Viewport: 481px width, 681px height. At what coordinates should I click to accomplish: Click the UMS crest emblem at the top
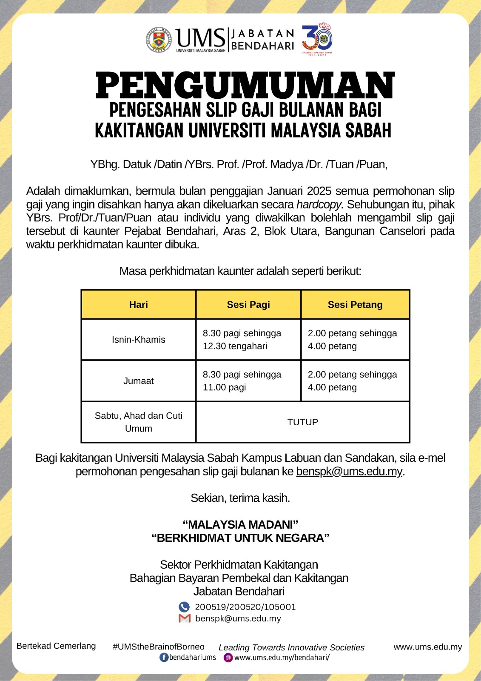click(x=159, y=40)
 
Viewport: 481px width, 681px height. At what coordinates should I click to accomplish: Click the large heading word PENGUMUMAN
click(x=245, y=86)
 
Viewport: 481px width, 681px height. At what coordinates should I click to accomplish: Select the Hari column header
click(x=139, y=305)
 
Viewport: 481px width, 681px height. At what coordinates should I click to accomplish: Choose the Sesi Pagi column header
click(x=248, y=305)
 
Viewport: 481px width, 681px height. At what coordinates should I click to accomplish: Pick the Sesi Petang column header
click(x=355, y=305)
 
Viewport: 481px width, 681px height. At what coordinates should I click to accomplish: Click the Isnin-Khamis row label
click(x=139, y=340)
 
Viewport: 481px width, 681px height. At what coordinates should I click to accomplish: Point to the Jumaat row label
click(x=139, y=381)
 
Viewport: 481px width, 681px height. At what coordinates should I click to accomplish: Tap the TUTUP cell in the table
click(x=302, y=422)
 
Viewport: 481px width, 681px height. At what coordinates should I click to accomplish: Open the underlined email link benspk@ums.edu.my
click(x=349, y=472)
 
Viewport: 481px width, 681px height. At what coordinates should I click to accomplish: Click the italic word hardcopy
click(x=320, y=205)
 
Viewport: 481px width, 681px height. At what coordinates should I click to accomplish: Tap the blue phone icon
click(x=184, y=607)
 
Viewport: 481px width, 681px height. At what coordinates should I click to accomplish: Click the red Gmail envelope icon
click(x=184, y=618)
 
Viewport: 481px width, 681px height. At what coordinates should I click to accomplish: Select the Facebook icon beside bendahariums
click(x=164, y=658)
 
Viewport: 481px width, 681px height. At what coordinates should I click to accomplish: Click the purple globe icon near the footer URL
click(x=228, y=658)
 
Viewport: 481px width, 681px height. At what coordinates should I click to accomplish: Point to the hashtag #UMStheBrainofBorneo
click(x=159, y=647)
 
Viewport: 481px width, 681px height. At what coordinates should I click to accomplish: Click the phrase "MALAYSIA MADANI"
click(x=240, y=525)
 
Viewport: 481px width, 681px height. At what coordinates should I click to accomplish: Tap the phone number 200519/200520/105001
click(x=245, y=607)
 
